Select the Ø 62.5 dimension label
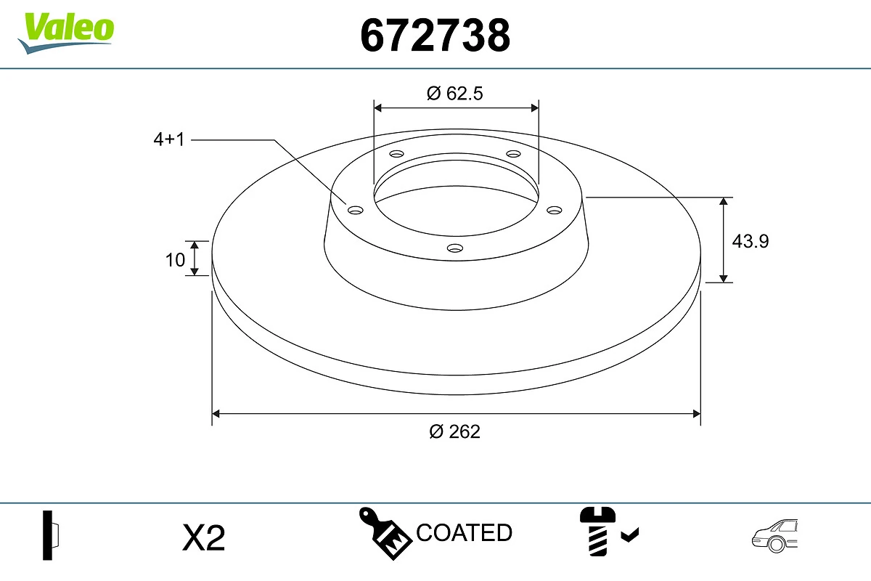(x=455, y=93)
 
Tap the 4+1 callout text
(x=169, y=139)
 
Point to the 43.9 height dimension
(x=750, y=240)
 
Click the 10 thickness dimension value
(x=175, y=259)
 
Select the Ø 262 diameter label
(x=454, y=431)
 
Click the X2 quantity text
(x=204, y=538)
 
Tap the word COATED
(x=464, y=533)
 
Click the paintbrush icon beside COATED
(x=385, y=534)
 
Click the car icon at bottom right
(x=774, y=535)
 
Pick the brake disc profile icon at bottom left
(x=51, y=535)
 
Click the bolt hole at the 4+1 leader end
(x=356, y=211)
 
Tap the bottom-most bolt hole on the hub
(x=455, y=248)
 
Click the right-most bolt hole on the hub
(x=555, y=210)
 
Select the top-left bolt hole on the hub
(x=396, y=154)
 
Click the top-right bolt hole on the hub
(x=514, y=154)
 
